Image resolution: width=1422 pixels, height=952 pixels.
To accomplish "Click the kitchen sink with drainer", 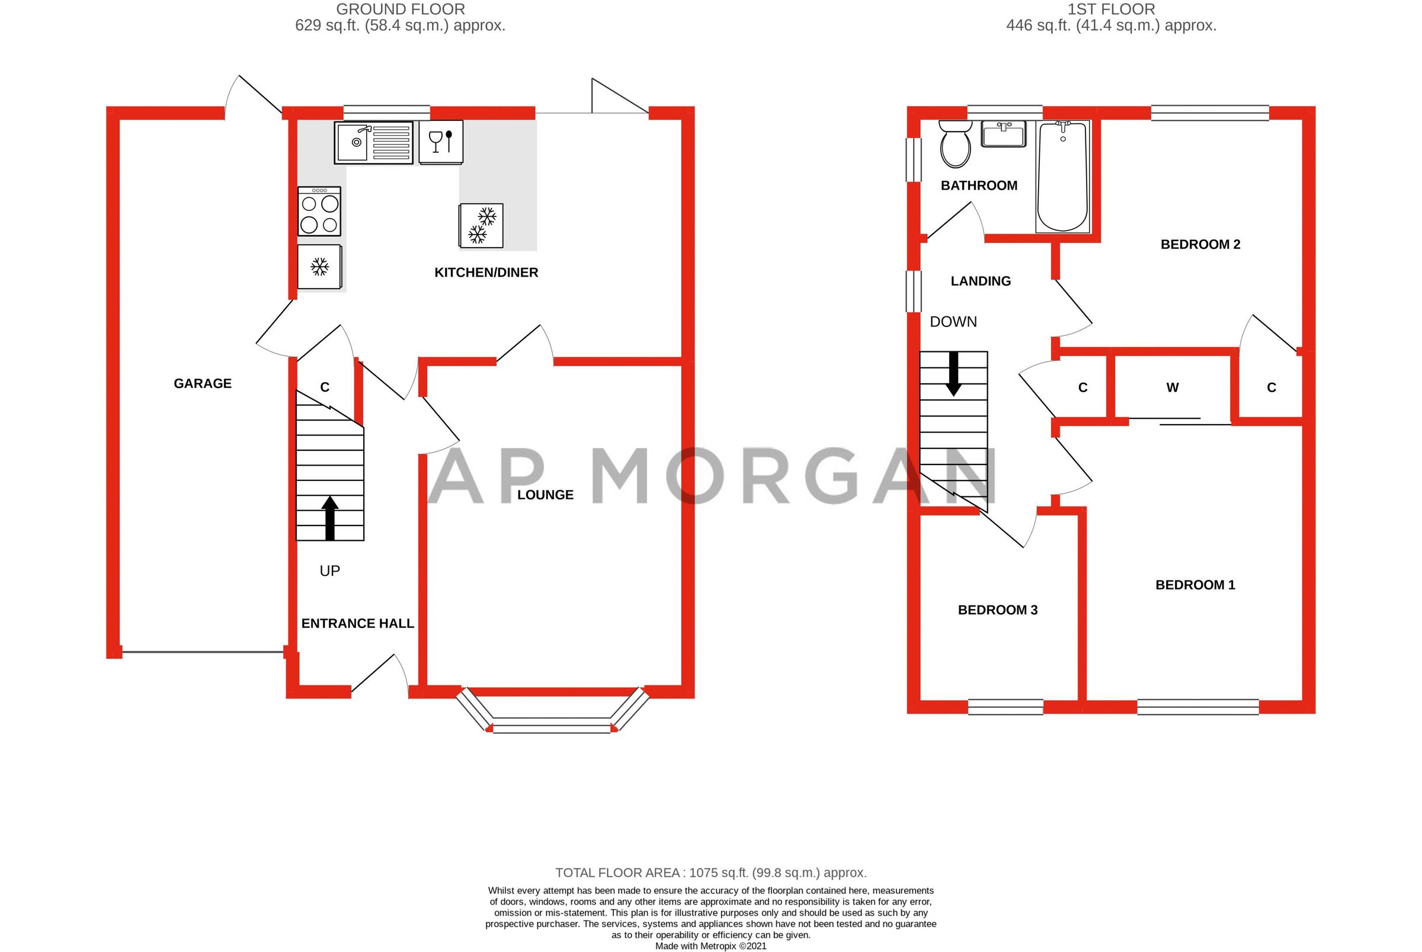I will (373, 143).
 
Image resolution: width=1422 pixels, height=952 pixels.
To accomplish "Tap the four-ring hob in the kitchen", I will (319, 211).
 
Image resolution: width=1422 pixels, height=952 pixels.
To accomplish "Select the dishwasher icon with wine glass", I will (441, 142).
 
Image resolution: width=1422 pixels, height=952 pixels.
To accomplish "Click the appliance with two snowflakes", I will (481, 225).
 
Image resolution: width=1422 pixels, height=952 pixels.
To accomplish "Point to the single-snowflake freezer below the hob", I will (319, 267).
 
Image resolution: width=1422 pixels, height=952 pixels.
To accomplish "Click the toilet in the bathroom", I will (955, 145).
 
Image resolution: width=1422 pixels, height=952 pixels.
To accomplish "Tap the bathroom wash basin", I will (1004, 133).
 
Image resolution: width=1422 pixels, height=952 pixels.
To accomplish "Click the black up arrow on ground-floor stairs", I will (329, 518).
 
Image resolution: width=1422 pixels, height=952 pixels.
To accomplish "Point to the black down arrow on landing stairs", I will (953, 373).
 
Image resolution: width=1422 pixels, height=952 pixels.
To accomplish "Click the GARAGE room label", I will (202, 384).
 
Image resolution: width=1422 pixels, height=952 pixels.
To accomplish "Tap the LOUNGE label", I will (545, 495).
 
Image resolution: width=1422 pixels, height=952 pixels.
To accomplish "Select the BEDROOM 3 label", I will (998, 610).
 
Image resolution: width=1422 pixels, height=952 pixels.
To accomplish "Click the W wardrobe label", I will (1173, 387).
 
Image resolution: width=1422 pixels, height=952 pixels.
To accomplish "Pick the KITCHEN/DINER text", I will (486, 273).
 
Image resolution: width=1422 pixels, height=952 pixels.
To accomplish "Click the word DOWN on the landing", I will (953, 322).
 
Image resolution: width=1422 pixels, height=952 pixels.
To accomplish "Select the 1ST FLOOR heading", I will (1111, 9).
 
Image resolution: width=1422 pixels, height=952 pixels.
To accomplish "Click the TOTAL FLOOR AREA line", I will (710, 873).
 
